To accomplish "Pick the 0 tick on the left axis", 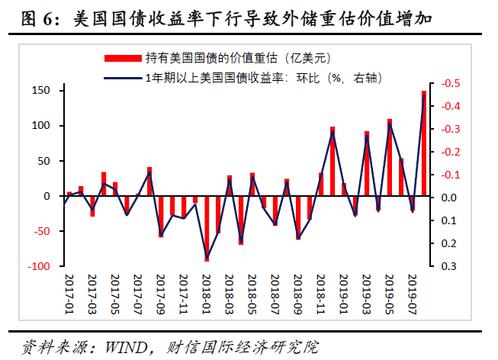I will (47, 197).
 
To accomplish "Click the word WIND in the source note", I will (120, 347).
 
